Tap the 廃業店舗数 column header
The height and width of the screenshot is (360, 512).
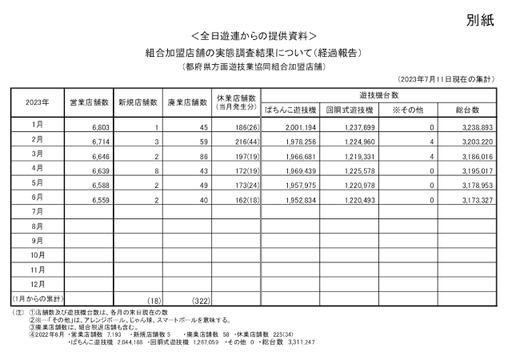point(188,103)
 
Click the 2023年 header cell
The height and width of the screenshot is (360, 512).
point(37,103)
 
